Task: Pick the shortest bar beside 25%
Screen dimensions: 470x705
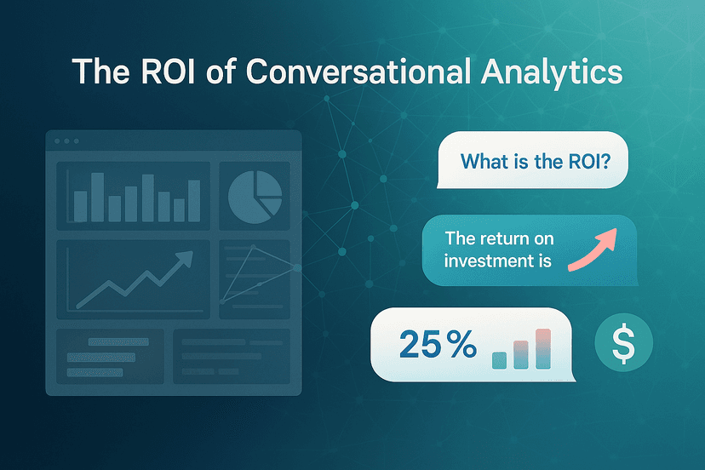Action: tap(500, 359)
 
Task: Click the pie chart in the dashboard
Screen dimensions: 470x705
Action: tap(255, 195)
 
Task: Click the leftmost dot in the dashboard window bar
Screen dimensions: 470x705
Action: tap(57, 140)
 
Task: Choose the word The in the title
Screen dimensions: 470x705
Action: tap(99, 72)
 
